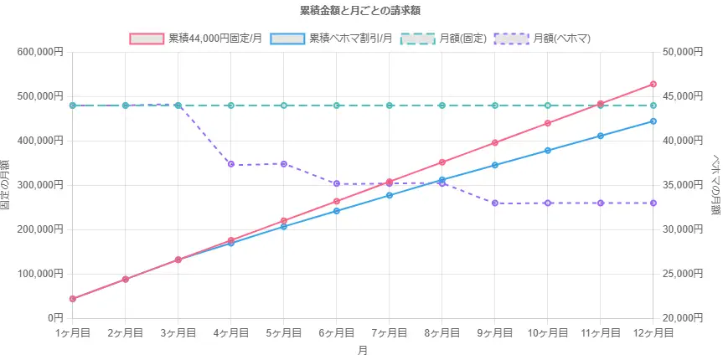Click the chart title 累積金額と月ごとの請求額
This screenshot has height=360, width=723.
pyautogui.click(x=360, y=11)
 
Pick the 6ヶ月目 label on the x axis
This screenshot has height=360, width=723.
pyautogui.click(x=336, y=333)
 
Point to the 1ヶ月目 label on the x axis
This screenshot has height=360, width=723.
pyautogui.click(x=73, y=333)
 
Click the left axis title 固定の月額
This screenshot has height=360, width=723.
pyautogui.click(x=7, y=185)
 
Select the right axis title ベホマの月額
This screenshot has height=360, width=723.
pyautogui.click(x=715, y=185)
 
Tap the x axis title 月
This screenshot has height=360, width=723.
pyautogui.click(x=362, y=350)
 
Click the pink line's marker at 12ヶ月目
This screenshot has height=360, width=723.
pyautogui.click(x=653, y=85)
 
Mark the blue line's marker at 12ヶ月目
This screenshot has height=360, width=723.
pyautogui.click(x=653, y=121)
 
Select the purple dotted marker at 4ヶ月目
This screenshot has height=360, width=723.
pyautogui.click(x=231, y=164)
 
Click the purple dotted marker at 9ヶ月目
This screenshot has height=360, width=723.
pyautogui.click(x=495, y=203)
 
